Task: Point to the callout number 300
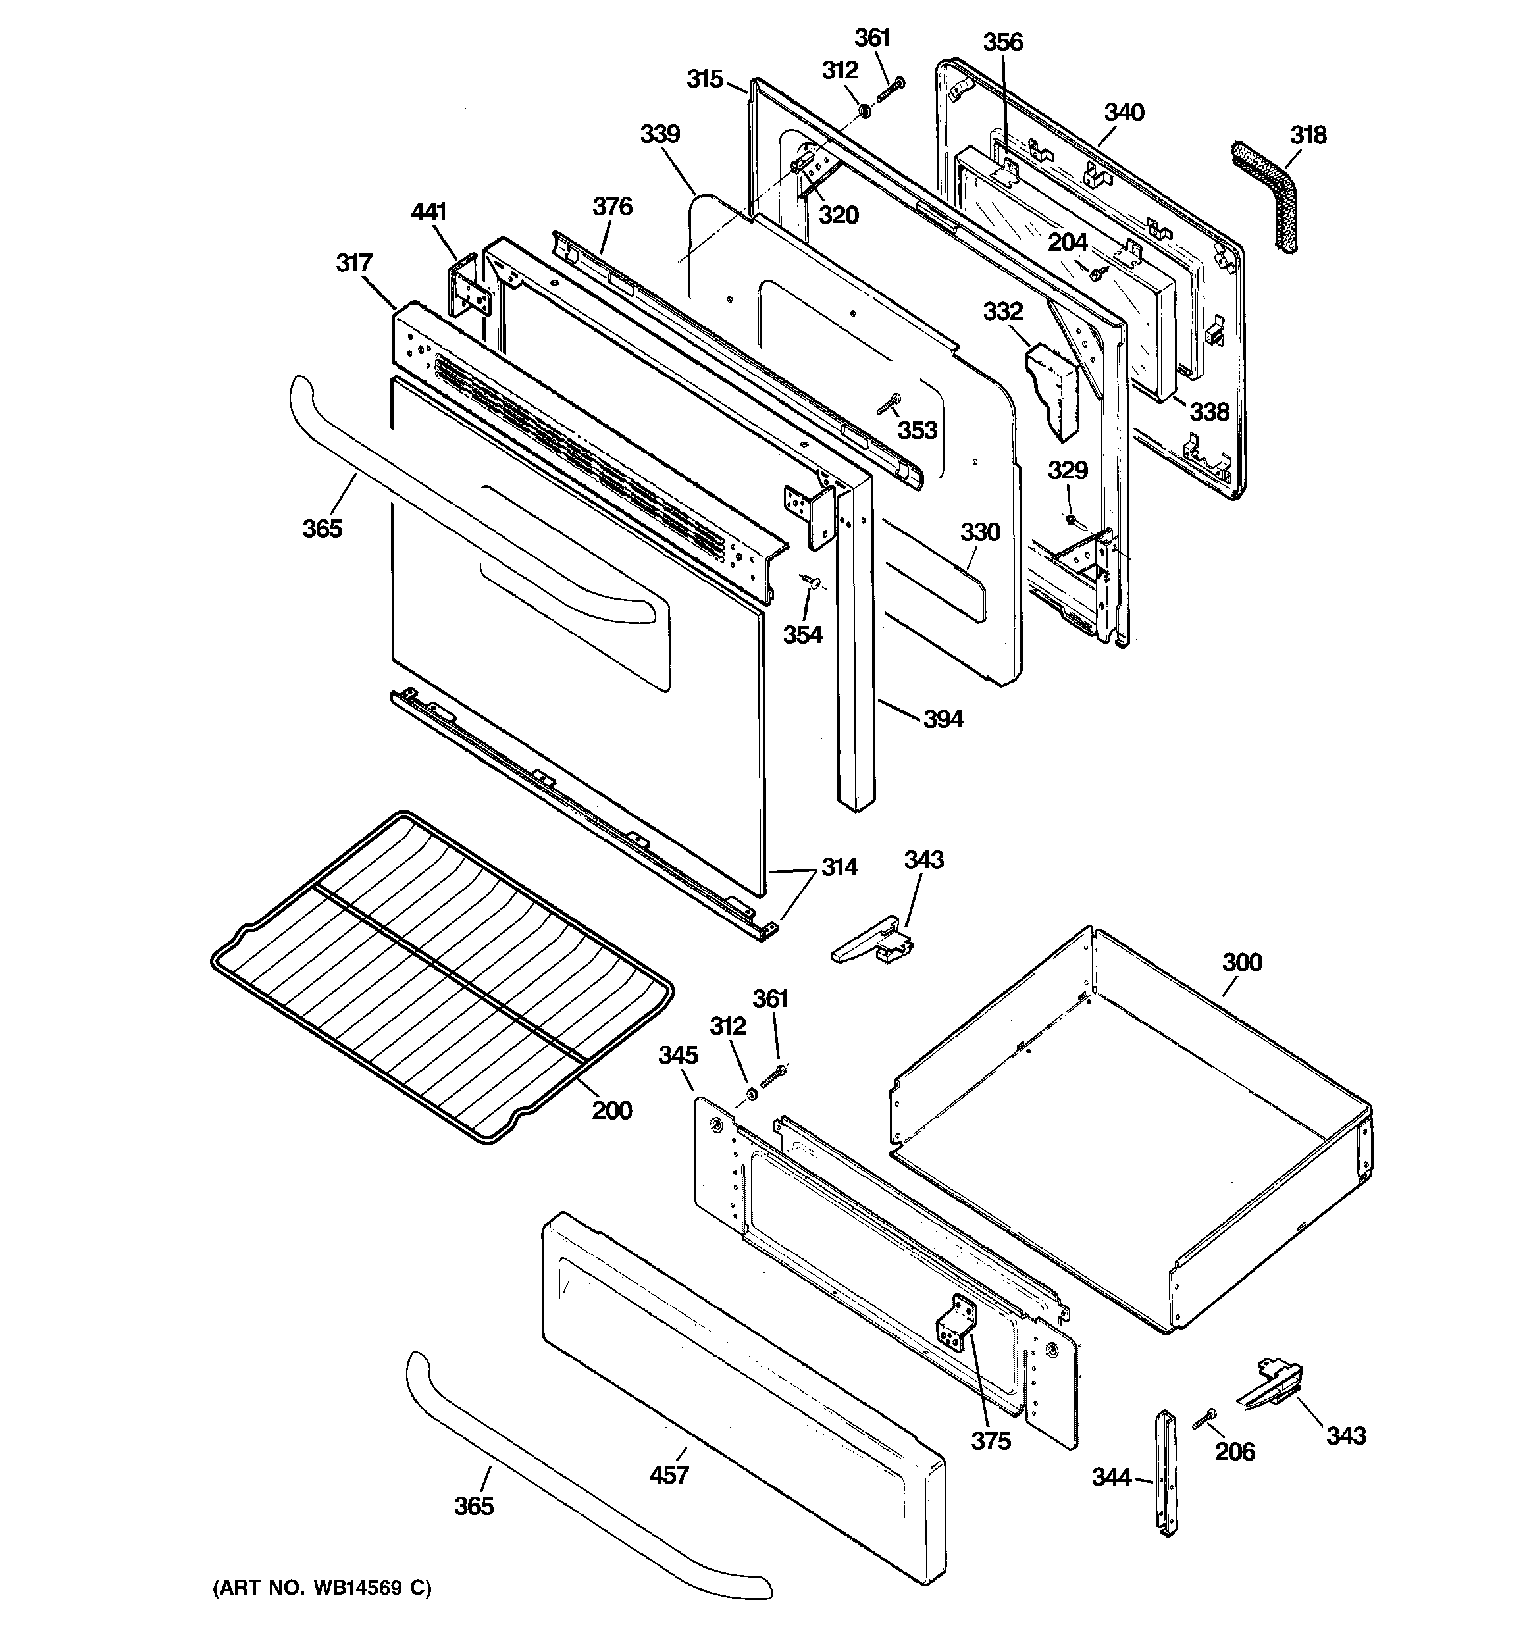point(1242,962)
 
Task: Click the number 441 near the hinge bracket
point(428,212)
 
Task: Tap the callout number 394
point(943,719)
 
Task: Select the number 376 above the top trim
point(612,207)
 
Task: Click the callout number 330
point(980,532)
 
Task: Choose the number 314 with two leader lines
point(839,867)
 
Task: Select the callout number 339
point(660,134)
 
